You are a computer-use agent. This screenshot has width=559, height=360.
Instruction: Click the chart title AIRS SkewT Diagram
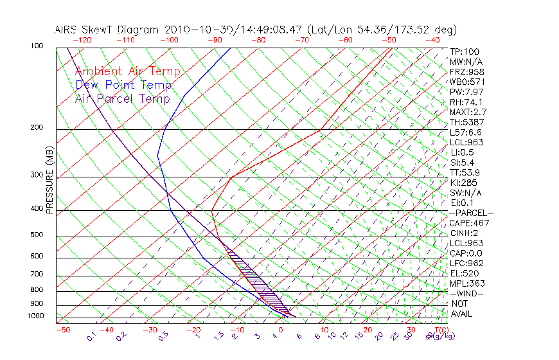pos(108,30)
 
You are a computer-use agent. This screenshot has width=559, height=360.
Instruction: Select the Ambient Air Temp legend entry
pos(127,72)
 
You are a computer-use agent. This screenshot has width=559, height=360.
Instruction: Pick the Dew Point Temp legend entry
pos(123,85)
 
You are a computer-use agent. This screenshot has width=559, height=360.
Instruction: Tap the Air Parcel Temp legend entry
pos(122,98)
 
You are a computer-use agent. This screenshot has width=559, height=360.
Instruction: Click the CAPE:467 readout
pos(469,223)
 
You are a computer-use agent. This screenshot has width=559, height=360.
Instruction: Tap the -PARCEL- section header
pos(471,213)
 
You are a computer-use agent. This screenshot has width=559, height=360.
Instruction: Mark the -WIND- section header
pos(468,293)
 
